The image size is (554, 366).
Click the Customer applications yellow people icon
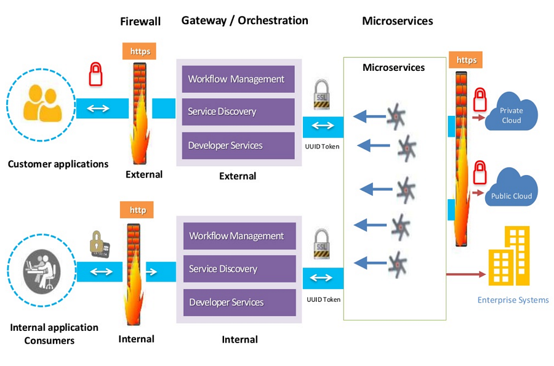41,103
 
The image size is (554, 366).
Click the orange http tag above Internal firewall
137,209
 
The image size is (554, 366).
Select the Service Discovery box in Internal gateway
236,269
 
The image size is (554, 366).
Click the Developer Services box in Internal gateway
236,303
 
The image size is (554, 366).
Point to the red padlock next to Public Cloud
480,173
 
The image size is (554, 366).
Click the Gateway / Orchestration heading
244,20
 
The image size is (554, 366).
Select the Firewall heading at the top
140,22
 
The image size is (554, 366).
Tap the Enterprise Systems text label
513,300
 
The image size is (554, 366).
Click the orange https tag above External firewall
140,51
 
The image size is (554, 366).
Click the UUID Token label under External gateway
323,146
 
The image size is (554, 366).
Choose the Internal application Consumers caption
54,333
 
